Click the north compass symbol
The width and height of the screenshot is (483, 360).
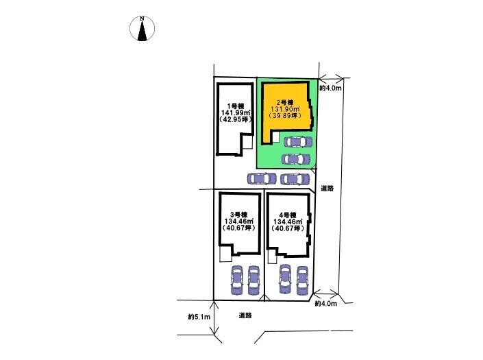(142, 29)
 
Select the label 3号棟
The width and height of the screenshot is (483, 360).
(239, 214)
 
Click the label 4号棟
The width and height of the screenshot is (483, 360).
(288, 214)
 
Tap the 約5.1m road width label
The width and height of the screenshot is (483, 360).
(199, 317)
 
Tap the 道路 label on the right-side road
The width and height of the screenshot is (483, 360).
(327, 189)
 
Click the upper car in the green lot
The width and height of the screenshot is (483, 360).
(296, 143)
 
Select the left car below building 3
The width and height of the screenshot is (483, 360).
(237, 279)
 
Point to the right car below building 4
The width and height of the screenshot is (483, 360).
(302, 279)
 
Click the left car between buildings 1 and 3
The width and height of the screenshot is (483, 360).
(260, 178)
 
